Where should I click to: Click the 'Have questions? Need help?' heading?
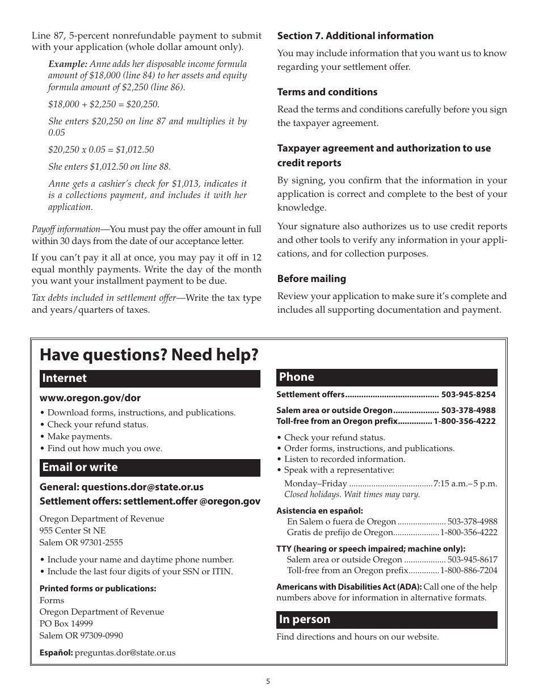149,355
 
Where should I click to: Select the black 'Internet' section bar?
150,379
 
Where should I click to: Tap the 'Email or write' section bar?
150,468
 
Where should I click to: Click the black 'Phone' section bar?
386,377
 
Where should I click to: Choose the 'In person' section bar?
386,620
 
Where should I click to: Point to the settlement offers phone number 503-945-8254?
468,394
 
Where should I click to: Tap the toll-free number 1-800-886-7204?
469,570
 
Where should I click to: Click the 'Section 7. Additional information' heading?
355,36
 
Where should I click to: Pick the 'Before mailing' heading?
311,279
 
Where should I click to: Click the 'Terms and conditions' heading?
327,92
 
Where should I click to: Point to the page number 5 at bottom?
268,682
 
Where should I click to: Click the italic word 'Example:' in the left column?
68,64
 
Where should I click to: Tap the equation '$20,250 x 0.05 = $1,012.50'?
101,150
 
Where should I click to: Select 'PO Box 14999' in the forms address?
66,624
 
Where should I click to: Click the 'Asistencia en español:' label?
319,511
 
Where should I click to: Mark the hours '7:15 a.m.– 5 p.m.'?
465,483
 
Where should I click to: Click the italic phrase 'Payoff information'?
66,229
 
